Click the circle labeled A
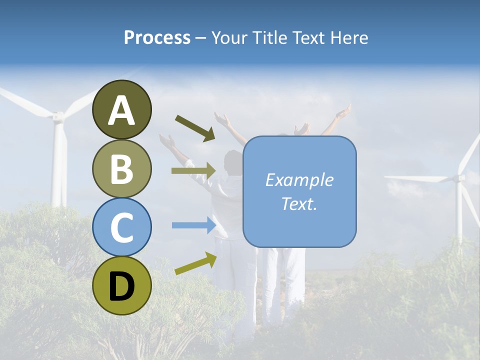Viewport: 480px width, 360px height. pos(121,109)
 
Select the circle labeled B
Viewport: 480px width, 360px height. pos(121,168)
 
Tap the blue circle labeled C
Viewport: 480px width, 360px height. pos(121,227)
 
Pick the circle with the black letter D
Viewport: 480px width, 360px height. pos(121,285)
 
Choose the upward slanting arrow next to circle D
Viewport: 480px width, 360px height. pos(195,264)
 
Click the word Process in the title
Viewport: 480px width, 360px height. pos(157,37)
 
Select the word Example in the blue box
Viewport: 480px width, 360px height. pos(299,180)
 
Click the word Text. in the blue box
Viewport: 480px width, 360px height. pos(299,203)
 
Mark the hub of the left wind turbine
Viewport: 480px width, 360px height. pos(58,117)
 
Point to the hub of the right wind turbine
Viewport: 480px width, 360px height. pos(459,177)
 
